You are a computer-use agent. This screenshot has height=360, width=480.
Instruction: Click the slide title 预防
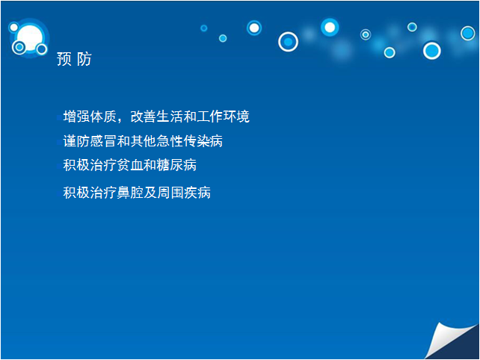point(74,59)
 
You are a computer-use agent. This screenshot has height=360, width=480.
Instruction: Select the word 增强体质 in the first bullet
point(90,117)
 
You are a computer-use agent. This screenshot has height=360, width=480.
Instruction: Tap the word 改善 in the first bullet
point(144,117)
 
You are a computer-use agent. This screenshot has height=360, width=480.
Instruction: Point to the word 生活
point(170,117)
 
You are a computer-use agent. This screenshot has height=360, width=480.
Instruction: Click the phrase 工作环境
point(223,117)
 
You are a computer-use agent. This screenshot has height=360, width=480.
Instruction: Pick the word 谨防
point(76,141)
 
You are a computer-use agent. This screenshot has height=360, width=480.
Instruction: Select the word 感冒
point(103,141)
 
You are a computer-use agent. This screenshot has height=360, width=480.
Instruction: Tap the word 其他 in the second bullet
point(144,141)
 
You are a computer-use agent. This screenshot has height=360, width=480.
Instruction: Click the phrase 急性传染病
point(190,141)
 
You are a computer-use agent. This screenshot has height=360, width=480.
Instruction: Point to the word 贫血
point(130,165)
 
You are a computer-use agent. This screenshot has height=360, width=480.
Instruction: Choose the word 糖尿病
point(176,165)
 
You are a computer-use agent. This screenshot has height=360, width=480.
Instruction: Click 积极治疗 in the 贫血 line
point(90,165)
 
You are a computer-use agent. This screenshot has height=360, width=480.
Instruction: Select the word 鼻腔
point(130,193)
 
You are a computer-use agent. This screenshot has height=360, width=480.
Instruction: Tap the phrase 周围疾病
point(184,193)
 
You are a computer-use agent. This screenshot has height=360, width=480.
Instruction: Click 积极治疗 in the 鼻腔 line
point(90,193)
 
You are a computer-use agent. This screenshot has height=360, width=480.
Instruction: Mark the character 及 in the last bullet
point(150,193)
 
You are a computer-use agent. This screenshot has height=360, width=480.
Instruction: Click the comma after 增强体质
point(120,120)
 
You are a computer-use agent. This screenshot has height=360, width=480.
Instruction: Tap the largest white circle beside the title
point(30,38)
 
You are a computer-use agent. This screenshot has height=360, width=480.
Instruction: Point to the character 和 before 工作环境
point(190,117)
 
